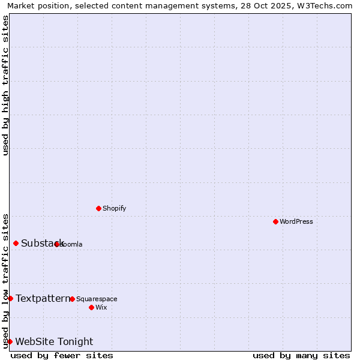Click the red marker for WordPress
pyautogui.click(x=275, y=221)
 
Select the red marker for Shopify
pyautogui.click(x=98, y=208)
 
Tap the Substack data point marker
pyautogui.click(x=16, y=243)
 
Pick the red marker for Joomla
pyautogui.click(x=57, y=244)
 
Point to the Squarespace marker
pyautogui.click(x=72, y=299)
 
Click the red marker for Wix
pyautogui.click(x=91, y=307)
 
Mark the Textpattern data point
pyautogui.click(x=10, y=298)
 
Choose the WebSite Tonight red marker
pyautogui.click(x=10, y=341)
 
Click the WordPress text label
pyautogui.click(x=296, y=221)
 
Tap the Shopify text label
pyautogui.click(x=115, y=208)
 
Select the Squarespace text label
pyautogui.click(x=97, y=299)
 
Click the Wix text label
pyautogui.click(x=101, y=307)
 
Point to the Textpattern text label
pyautogui.click(x=43, y=298)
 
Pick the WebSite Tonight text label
pyautogui.click(x=54, y=341)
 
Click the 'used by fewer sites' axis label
pyautogui.click(x=62, y=355)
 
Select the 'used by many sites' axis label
pyautogui.click(x=301, y=355)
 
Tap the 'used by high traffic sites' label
pyautogui.click(x=5, y=85)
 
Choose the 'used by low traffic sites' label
pyautogui.click(x=5, y=280)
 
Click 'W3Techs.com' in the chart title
pyautogui.click(x=325, y=5)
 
